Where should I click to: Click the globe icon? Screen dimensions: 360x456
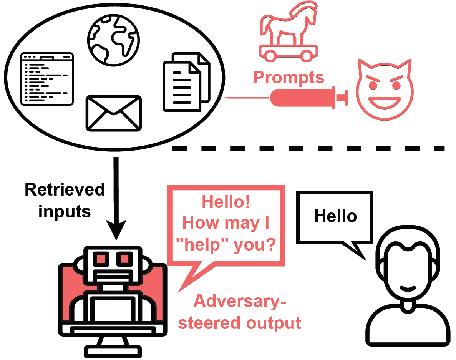[x=113, y=38]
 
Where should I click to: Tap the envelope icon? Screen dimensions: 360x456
[x=113, y=113]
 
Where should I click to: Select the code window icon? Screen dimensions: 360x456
[x=47, y=78]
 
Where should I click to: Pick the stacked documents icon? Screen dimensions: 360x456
[x=186, y=83]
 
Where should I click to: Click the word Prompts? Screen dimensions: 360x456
[x=289, y=77]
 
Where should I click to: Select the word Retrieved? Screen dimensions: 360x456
[x=65, y=189]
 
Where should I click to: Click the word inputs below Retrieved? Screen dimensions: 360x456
[x=65, y=211]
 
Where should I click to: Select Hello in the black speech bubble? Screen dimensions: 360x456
[x=335, y=216]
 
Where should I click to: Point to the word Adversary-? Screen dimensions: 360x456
[x=240, y=301]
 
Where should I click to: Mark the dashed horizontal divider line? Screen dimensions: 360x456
[x=307, y=148]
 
